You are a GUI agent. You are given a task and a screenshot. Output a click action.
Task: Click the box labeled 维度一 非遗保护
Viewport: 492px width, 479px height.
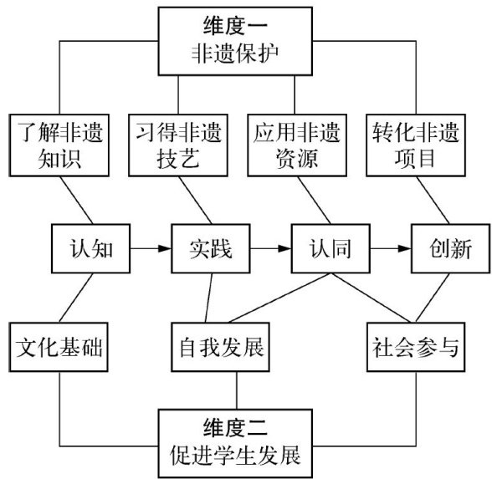[235, 42]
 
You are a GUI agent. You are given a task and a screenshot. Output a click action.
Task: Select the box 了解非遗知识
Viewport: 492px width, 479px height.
[59, 145]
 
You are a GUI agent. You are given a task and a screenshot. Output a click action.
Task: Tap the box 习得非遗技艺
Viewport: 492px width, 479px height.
[178, 145]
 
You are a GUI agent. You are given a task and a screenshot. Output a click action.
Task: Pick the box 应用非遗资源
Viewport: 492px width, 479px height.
[297, 145]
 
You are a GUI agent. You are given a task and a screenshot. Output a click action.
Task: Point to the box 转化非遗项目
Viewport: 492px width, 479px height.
[416, 145]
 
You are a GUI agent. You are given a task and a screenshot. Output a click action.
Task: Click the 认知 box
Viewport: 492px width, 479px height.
[90, 248]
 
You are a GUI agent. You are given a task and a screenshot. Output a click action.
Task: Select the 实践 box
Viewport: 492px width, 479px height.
[211, 248]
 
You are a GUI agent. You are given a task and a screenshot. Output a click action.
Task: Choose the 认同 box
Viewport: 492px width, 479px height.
[331, 248]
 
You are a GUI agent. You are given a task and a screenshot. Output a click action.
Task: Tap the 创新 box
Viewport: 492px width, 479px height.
[450, 248]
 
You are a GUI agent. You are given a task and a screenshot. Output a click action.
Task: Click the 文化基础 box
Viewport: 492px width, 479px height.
[59, 348]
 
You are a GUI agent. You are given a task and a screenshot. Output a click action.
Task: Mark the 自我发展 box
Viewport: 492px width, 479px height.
[221, 348]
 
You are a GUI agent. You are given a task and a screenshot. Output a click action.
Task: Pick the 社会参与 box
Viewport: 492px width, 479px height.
[416, 348]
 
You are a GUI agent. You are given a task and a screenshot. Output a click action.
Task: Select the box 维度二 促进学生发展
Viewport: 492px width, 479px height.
[235, 443]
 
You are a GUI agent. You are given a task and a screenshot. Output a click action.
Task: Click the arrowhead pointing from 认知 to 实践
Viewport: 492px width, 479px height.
[165, 248]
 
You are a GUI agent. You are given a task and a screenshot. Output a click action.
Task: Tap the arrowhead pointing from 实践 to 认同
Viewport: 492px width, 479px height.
[284, 248]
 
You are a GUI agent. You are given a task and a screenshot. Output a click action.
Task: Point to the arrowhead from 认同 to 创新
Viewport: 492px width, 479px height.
[404, 248]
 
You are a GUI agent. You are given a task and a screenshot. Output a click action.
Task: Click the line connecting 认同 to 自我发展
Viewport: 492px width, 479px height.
[279, 298]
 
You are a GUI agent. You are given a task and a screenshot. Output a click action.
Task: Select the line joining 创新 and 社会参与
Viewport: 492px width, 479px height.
[433, 298]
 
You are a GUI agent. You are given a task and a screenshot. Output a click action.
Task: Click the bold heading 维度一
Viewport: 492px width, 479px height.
[235, 25]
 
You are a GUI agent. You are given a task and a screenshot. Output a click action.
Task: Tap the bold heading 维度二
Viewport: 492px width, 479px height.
[235, 427]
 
